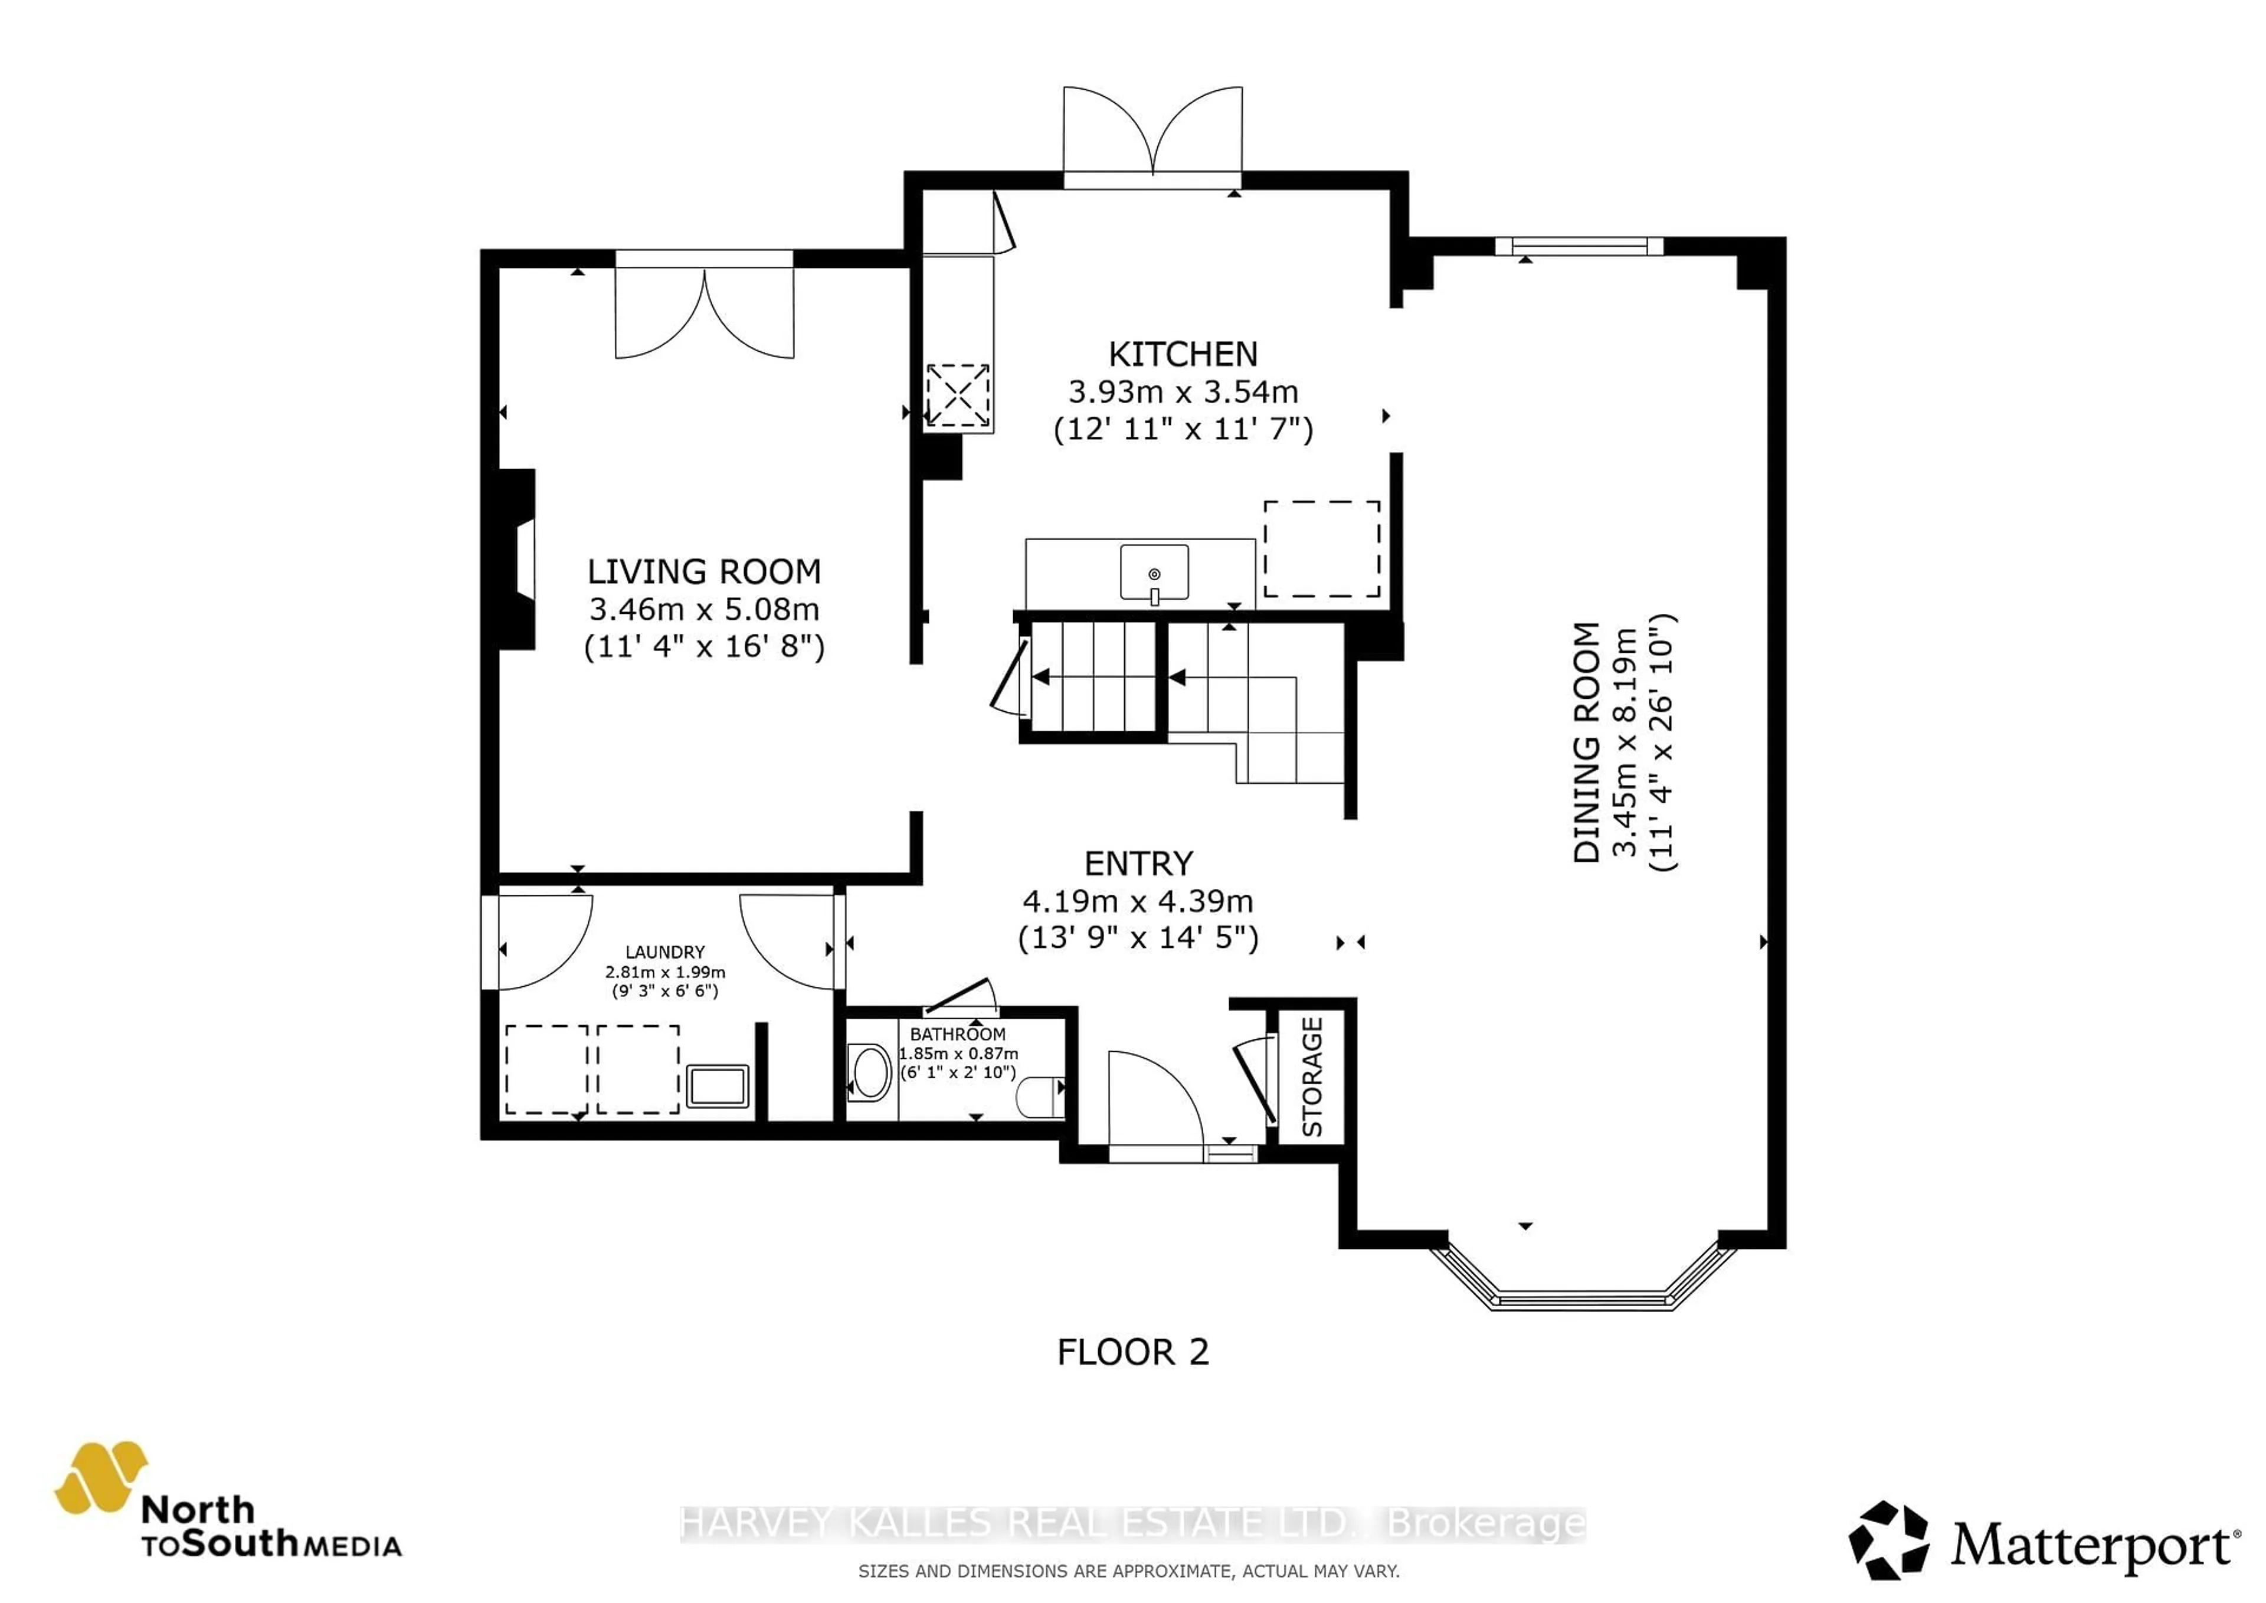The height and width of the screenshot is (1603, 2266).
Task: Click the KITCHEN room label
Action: coord(1183,354)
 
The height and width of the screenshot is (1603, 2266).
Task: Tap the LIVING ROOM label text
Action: coord(703,571)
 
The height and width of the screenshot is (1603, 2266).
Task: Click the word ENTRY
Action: coord(1138,863)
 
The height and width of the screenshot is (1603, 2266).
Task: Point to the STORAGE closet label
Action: coord(1312,1077)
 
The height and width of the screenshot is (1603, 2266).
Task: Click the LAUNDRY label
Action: coord(664,951)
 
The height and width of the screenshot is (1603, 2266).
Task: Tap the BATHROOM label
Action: coord(957,1033)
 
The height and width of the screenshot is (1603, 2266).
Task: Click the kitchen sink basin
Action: coord(1154,571)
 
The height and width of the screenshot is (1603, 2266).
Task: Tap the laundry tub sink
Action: coord(718,1087)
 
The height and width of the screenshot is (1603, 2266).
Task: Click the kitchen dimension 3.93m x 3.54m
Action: coord(1183,392)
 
